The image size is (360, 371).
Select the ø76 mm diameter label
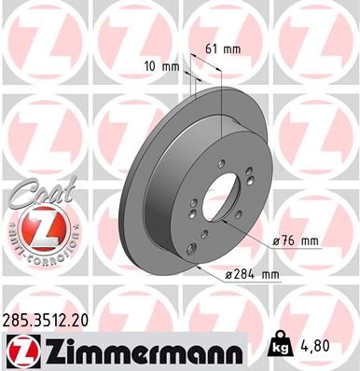coord(294,241)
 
